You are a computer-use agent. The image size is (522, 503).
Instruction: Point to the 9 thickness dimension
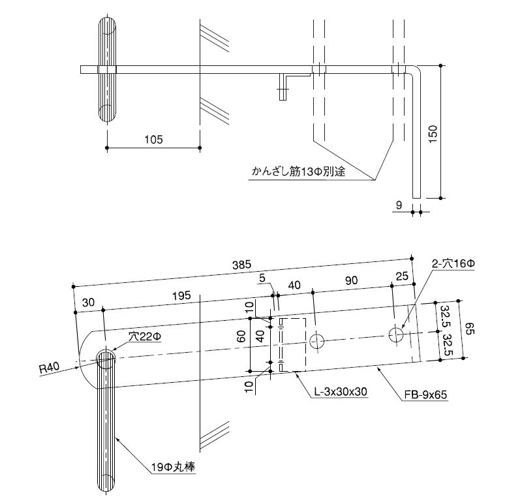pyautogui.click(x=398, y=206)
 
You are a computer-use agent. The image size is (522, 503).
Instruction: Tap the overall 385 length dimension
pyautogui.click(x=242, y=265)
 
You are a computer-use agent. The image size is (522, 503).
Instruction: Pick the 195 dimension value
pyautogui.click(x=181, y=295)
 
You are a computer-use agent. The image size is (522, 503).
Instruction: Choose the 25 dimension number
pyautogui.click(x=402, y=276)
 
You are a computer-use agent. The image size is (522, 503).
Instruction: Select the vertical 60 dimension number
pyautogui.click(x=241, y=338)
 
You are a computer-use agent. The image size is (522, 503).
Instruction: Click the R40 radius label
pyautogui.click(x=48, y=368)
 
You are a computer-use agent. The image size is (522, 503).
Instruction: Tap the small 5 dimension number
pyautogui.click(x=262, y=278)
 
